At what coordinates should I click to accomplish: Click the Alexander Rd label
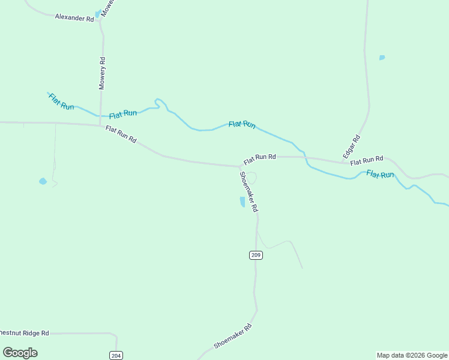coord(74,18)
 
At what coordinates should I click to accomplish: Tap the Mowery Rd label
coord(102,73)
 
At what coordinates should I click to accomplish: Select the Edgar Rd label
coord(352,146)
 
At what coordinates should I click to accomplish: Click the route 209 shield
coord(256,255)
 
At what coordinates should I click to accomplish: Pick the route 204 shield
coord(116,355)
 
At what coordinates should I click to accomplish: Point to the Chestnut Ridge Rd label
coord(24,332)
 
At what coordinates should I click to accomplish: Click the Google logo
coord(20,353)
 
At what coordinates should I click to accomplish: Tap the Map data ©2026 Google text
coord(412,355)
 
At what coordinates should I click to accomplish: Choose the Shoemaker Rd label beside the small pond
coord(249,191)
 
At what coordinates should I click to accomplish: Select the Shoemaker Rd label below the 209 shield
coord(232,337)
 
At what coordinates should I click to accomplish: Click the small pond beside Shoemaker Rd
coord(243,202)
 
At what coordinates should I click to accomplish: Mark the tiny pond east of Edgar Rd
coord(382,58)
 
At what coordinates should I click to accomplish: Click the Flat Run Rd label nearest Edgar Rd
coord(367,160)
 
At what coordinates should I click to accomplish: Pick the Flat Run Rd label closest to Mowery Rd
coord(121,134)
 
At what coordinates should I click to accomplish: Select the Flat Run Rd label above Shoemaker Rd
coord(259,158)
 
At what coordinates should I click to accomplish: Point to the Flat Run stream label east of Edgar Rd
coord(380,175)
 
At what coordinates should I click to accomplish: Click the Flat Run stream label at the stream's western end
coord(61,102)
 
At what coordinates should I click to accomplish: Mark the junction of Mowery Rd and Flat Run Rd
coord(101,125)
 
